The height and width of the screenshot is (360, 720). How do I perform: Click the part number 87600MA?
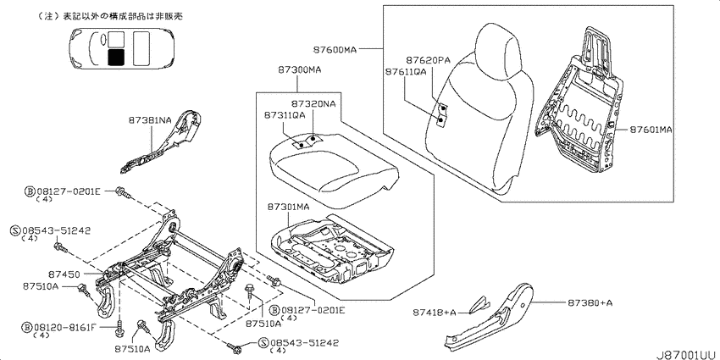(335, 48)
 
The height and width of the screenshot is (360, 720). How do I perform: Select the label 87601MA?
(651, 130)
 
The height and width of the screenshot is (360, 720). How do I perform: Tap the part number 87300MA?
(299, 70)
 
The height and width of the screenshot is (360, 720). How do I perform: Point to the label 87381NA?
(150, 120)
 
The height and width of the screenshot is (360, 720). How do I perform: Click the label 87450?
(64, 274)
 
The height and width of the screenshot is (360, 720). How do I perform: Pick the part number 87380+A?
(590, 302)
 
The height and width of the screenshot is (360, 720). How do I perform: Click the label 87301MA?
(287, 207)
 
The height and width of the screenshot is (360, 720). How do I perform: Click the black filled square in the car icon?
(116, 58)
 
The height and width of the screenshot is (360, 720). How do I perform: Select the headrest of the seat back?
(498, 51)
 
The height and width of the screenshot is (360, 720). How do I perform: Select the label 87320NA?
(313, 103)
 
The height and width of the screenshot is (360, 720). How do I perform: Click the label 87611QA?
(406, 72)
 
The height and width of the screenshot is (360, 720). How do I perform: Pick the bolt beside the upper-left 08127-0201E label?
(124, 194)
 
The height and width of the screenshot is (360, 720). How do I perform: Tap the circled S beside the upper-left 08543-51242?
(15, 230)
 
